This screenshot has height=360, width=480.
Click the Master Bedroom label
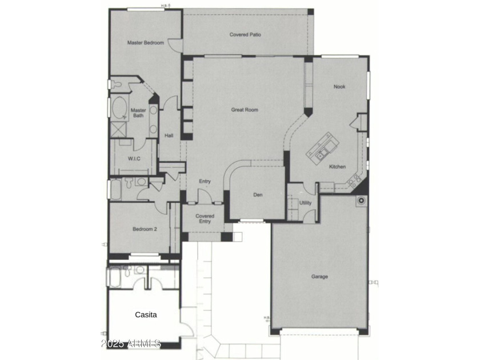click(145, 43)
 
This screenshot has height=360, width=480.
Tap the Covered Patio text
click(245, 35)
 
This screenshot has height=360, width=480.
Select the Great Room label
click(245, 110)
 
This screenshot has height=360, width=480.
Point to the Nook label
click(339, 87)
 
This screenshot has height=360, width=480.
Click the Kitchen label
click(337, 166)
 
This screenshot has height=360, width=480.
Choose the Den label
click(258, 195)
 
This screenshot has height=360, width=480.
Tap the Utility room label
click(305, 203)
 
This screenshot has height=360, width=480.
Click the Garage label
click(319, 277)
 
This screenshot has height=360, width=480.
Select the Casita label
click(146, 315)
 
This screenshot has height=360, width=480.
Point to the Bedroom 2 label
click(145, 229)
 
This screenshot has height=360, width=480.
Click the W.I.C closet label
click(134, 159)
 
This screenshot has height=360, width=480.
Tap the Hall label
click(169, 135)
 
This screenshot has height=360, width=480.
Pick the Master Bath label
click(138, 113)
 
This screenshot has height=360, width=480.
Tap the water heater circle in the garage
click(362, 201)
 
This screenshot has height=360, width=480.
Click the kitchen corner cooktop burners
click(354, 181)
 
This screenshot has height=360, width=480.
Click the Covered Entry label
click(205, 218)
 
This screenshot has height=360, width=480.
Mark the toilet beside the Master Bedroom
click(117, 84)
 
